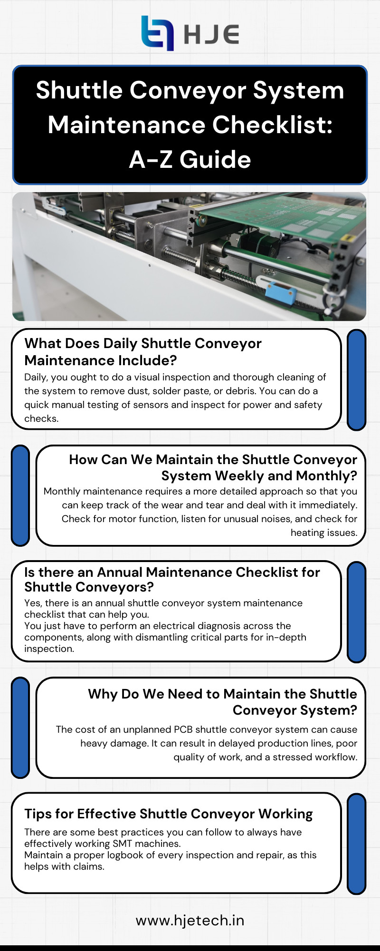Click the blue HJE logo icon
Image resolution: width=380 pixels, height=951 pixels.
157,33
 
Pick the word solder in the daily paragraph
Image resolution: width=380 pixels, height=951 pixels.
210,391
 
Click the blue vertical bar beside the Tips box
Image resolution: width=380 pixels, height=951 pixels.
356,844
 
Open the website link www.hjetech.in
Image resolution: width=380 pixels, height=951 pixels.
190,920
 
